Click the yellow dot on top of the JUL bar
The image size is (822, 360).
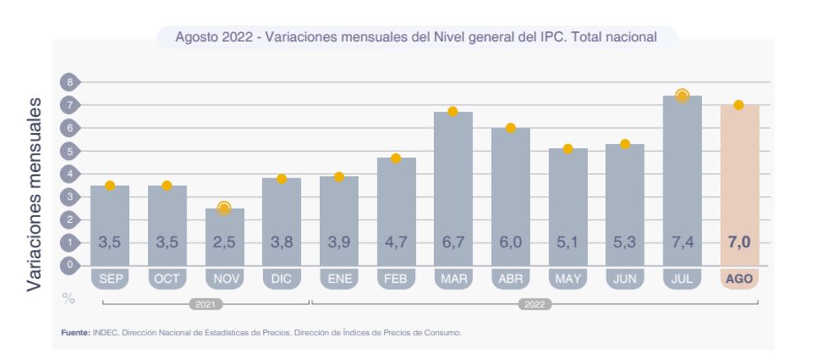(x=681, y=96)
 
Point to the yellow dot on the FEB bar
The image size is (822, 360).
(x=395, y=159)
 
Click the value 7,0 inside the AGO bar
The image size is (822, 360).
(x=739, y=242)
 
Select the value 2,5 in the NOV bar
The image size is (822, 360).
(x=224, y=242)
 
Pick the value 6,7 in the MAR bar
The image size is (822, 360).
(x=453, y=242)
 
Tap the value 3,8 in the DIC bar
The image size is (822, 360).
(x=281, y=242)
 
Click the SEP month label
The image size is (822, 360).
(x=110, y=279)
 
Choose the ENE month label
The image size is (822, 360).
(x=339, y=279)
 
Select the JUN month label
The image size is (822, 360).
(x=625, y=279)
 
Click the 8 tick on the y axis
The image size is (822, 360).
(x=71, y=82)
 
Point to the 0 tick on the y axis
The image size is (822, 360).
(x=71, y=265)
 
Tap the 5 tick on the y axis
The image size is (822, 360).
(x=71, y=151)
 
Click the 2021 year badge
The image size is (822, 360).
(x=205, y=304)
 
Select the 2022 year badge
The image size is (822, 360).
(x=534, y=304)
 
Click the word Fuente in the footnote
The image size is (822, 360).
(x=76, y=333)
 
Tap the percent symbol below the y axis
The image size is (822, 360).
(x=69, y=298)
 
